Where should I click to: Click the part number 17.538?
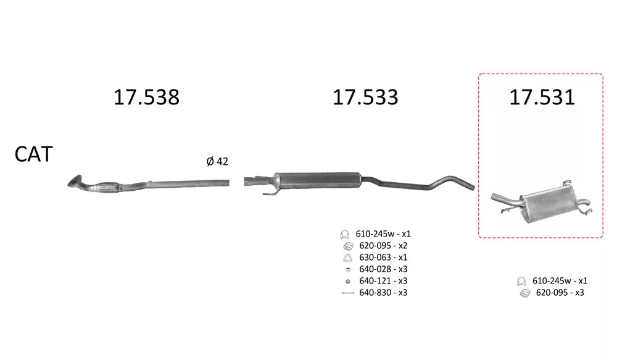coord(146,98)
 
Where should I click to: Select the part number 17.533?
coord(365,98)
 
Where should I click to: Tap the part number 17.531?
coord(542,98)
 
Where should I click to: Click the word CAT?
coord(33,154)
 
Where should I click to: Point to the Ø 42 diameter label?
coord(217,162)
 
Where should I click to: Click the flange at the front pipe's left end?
coord(75,181)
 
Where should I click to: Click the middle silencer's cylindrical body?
coord(317,180)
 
